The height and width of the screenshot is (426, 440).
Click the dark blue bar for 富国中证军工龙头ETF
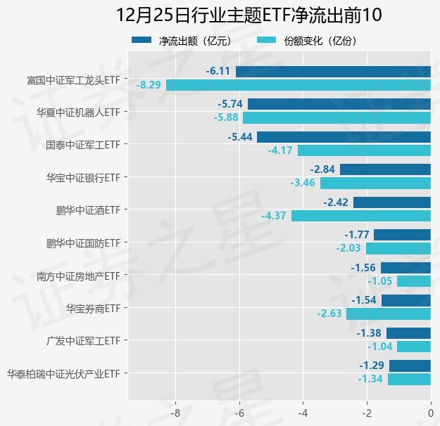click(x=333, y=71)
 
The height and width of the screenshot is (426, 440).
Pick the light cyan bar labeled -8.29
click(x=298, y=85)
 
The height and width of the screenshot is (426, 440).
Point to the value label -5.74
click(x=231, y=103)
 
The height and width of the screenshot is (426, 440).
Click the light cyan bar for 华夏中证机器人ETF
click(x=337, y=117)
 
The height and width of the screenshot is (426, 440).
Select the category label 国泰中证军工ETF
click(x=83, y=144)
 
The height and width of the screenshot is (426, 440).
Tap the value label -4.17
click(x=281, y=150)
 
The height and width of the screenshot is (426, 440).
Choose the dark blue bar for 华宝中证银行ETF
click(x=385, y=169)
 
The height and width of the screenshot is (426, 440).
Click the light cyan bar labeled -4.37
click(x=360, y=216)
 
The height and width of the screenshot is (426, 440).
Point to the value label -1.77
click(x=357, y=234)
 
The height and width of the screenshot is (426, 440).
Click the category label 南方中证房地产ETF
click(x=79, y=275)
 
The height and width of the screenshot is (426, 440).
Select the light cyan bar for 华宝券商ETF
click(x=388, y=314)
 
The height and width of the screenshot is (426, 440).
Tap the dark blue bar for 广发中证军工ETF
click(x=408, y=333)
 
